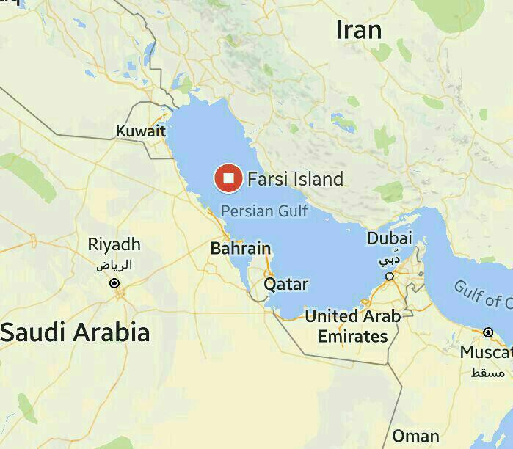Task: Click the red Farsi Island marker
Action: (228, 178)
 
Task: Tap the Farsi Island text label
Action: (295, 178)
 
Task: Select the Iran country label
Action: (359, 30)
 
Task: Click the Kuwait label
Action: (141, 131)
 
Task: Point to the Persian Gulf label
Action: (264, 211)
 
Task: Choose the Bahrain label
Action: (241, 248)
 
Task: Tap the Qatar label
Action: (286, 284)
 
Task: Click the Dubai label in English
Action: (389, 238)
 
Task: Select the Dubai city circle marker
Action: (390, 276)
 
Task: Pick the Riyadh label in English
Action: (114, 244)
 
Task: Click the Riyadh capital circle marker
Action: (114, 283)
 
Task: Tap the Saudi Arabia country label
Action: (75, 332)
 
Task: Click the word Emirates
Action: (352, 337)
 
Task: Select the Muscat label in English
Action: (485, 353)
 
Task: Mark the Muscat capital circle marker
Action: (488, 332)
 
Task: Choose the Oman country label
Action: (416, 435)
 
